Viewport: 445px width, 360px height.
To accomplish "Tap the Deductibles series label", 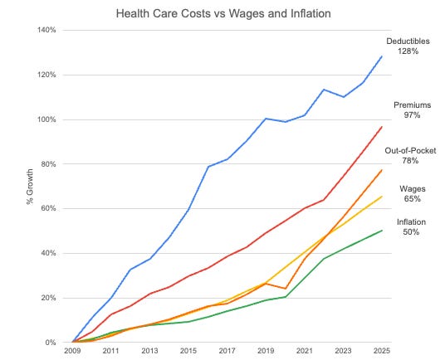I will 408,41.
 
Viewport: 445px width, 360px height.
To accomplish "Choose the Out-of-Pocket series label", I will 408,150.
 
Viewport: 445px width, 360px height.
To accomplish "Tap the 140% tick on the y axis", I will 44,30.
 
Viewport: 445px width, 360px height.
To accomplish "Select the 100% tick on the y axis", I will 44,119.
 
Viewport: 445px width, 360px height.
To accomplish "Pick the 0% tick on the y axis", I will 49,343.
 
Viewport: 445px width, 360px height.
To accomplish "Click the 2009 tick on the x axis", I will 73,352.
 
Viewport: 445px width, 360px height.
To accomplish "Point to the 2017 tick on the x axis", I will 227,352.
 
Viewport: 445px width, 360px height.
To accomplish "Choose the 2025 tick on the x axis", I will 381,352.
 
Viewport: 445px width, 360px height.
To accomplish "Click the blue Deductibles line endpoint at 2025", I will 381,56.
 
